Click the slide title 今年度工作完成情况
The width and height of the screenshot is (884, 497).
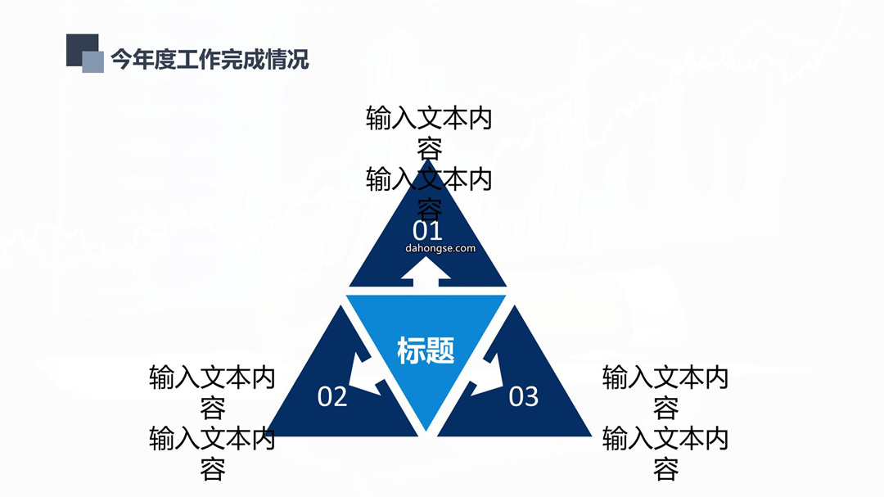tap(210, 59)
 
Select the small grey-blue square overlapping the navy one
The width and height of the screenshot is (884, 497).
tap(93, 62)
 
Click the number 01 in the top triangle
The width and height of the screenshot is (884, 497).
tap(427, 231)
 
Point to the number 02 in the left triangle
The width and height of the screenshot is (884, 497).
tap(332, 396)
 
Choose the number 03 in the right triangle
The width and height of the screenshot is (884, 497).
tap(524, 396)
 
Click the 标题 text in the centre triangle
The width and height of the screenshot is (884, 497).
tap(426, 350)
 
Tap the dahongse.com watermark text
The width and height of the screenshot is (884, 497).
tap(440, 248)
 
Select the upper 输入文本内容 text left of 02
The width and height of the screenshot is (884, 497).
tap(213, 392)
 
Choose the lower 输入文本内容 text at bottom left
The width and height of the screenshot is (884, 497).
tap(213, 453)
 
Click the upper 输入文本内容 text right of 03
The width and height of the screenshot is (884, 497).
tap(665, 392)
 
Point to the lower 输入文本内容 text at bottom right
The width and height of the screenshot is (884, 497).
tap(665, 453)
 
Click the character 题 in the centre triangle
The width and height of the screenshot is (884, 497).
tap(440, 350)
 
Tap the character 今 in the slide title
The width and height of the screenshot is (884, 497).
tap(121, 59)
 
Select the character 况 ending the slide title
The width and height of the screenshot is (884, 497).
tap(299, 59)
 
